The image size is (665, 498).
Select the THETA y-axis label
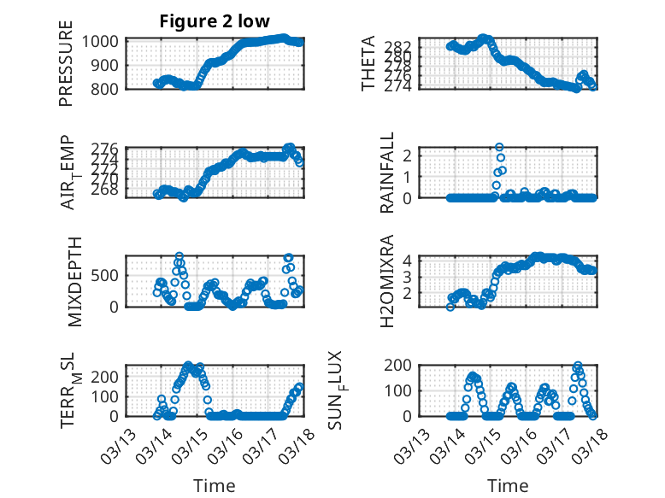tap(368, 64)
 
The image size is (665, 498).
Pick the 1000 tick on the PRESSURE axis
tap(104, 41)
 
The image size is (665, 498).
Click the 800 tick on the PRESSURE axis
tap(109, 88)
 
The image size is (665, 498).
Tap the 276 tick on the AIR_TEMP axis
tap(109, 149)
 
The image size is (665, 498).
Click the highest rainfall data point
tap(499, 147)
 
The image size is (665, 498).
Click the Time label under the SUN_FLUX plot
tap(508, 486)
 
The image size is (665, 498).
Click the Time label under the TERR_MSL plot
tap(214, 486)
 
